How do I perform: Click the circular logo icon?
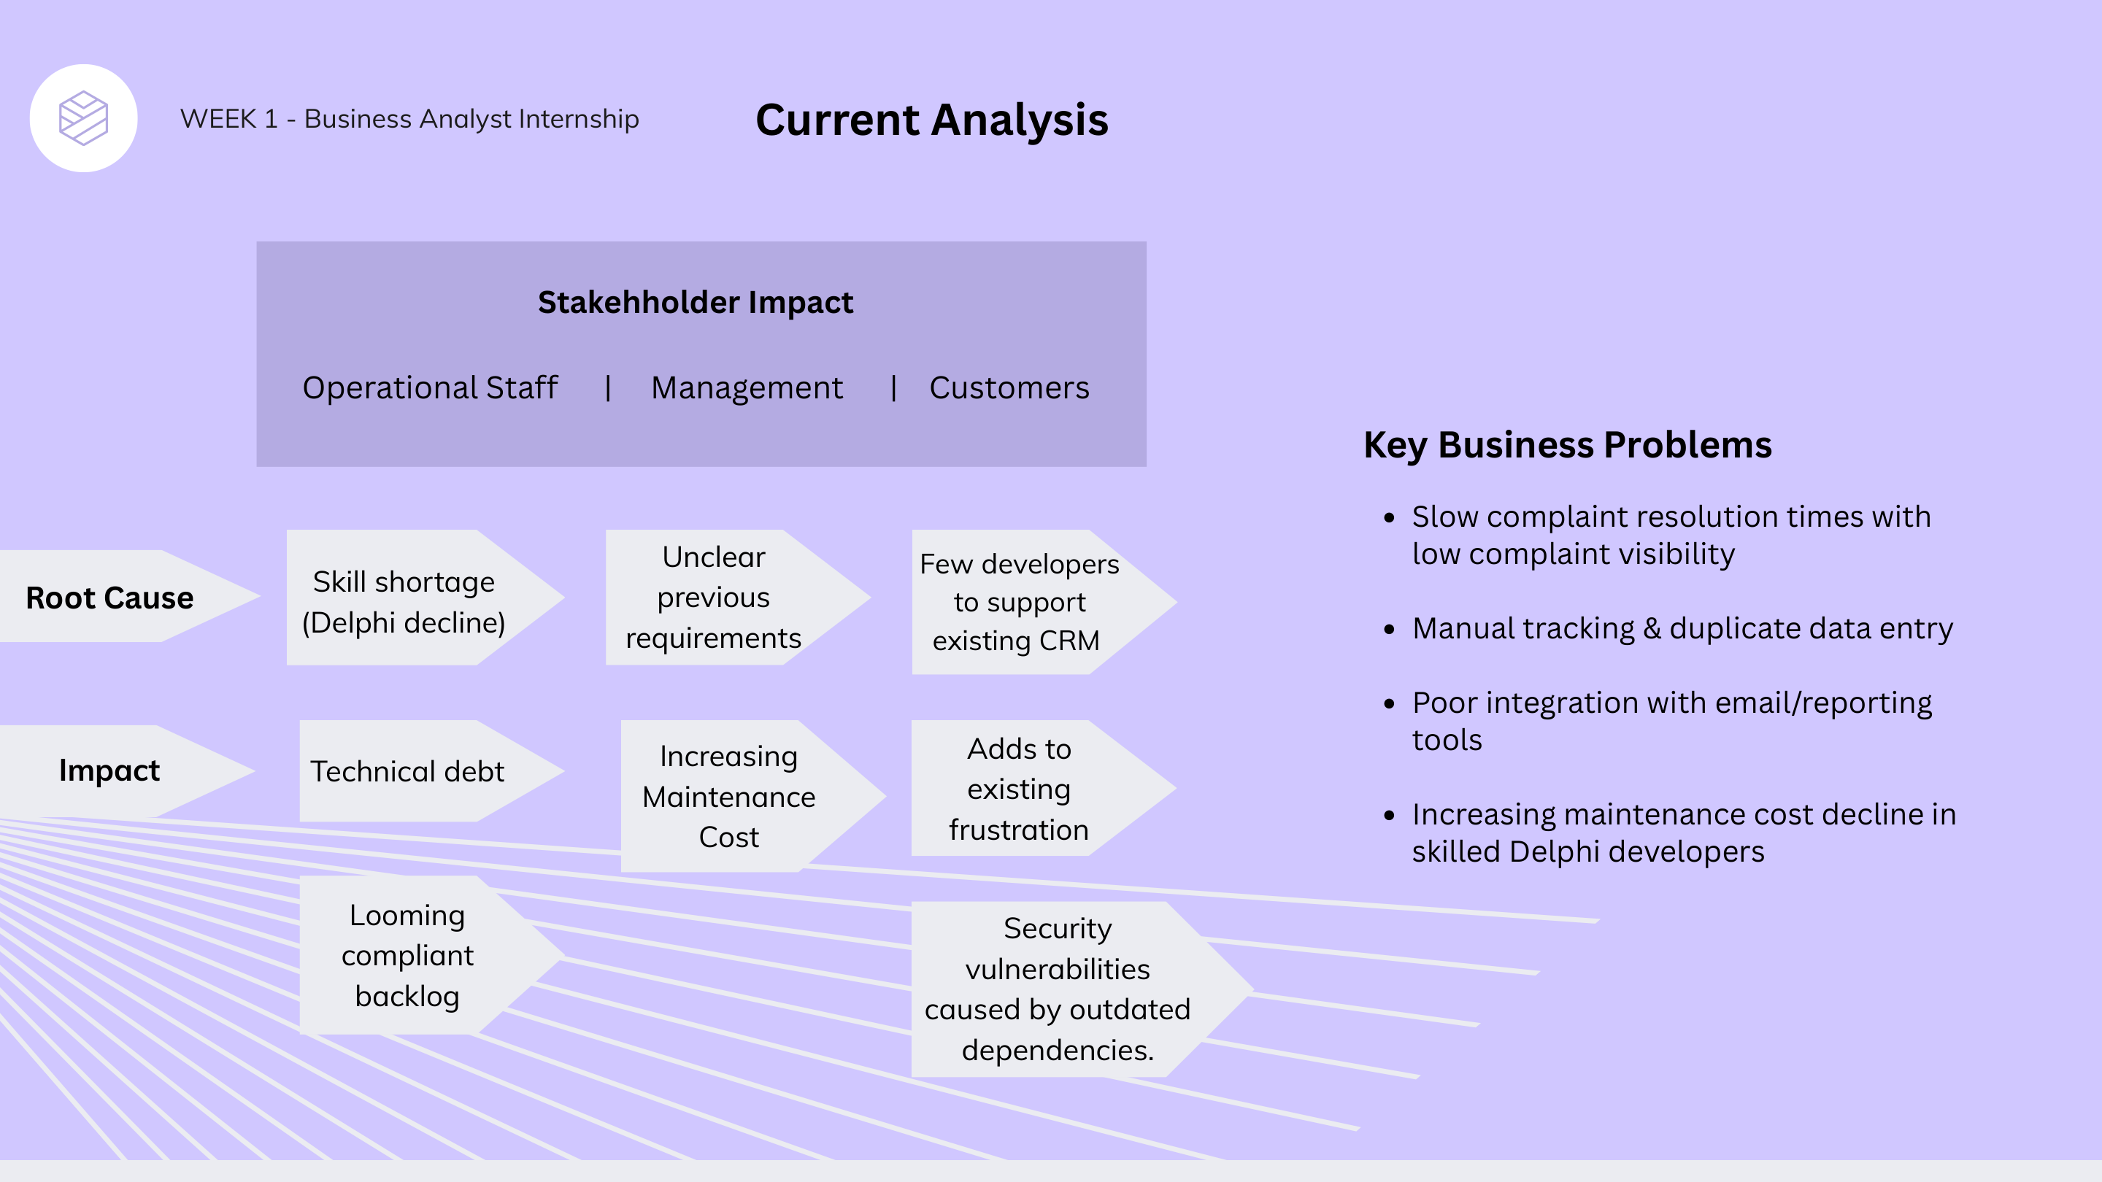click(x=83, y=118)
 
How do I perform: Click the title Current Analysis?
click(x=931, y=120)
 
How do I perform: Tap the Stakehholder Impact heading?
click(x=696, y=303)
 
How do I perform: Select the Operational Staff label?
click(x=430, y=387)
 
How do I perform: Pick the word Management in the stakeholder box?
click(x=747, y=387)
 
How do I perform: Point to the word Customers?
click(x=1009, y=387)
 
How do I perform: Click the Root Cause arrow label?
click(x=110, y=598)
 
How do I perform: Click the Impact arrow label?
click(x=109, y=770)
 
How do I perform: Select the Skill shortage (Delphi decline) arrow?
click(x=404, y=601)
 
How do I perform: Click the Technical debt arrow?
click(x=407, y=771)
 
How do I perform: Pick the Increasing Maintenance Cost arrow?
click(x=728, y=796)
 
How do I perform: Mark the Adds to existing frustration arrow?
click(x=1018, y=789)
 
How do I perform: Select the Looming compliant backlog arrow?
click(x=407, y=955)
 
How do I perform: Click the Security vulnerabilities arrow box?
click(x=1057, y=989)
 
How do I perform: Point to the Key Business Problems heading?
click(x=1568, y=445)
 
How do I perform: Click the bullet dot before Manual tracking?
click(x=1390, y=629)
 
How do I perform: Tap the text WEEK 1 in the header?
click(x=228, y=119)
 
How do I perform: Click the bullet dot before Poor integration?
click(x=1390, y=703)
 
